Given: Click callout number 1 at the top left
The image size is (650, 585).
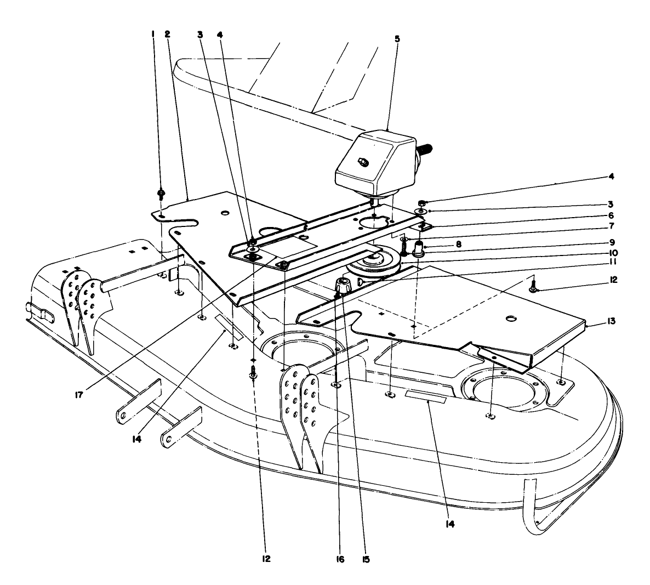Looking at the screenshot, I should (x=153, y=34).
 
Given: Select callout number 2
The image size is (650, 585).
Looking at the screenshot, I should (x=168, y=34).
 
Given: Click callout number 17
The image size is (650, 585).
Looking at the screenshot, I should (x=79, y=394).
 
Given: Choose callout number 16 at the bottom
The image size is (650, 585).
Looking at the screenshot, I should (x=341, y=560).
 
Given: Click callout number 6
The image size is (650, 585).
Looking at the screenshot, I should (x=610, y=216).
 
